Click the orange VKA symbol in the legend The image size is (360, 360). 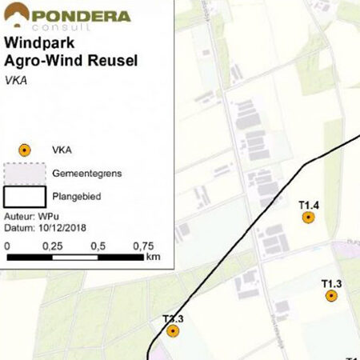tap(25, 150)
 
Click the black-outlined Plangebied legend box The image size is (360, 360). tap(25, 195)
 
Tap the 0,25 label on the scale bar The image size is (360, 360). tap(53, 246)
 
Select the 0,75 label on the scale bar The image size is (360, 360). tap(143, 246)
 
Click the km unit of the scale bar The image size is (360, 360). tap(154, 258)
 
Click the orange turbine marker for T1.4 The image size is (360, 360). tap(309, 218)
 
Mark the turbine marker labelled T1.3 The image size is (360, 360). tap(331, 296)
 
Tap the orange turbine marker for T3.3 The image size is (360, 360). tap(173, 330)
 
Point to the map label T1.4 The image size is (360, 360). tap(309, 206)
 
